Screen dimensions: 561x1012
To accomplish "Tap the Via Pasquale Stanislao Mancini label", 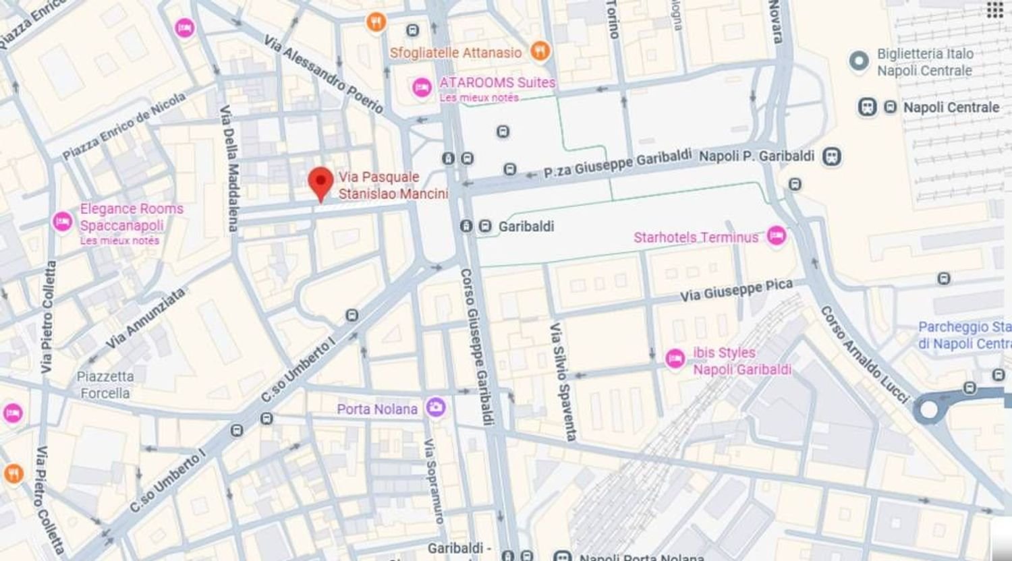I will [393, 185].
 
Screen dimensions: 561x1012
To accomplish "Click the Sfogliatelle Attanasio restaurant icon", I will [540, 51].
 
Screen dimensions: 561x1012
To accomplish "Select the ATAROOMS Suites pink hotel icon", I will [422, 88].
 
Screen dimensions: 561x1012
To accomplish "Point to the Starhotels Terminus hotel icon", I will [777, 235].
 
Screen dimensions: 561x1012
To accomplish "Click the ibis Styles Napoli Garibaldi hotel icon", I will [675, 359].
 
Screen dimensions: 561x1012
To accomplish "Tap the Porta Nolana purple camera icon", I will [436, 407].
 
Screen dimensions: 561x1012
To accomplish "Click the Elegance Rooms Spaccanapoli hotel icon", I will [62, 222].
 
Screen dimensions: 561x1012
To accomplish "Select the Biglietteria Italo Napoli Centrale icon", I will [859, 61].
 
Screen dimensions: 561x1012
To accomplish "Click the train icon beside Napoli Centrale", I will [868, 107].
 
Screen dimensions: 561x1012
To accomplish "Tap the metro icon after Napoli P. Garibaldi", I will [833, 156].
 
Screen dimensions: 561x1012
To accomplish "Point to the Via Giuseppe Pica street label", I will [736, 291].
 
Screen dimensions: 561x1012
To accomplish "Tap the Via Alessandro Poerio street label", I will [324, 74].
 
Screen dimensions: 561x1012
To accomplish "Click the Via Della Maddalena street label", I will [229, 169].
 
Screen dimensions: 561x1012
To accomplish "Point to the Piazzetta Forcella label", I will [105, 385].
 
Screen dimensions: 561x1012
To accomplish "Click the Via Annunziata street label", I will [145, 318].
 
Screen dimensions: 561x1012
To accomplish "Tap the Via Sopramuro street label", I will [434, 481].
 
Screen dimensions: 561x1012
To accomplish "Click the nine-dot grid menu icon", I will [994, 10].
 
